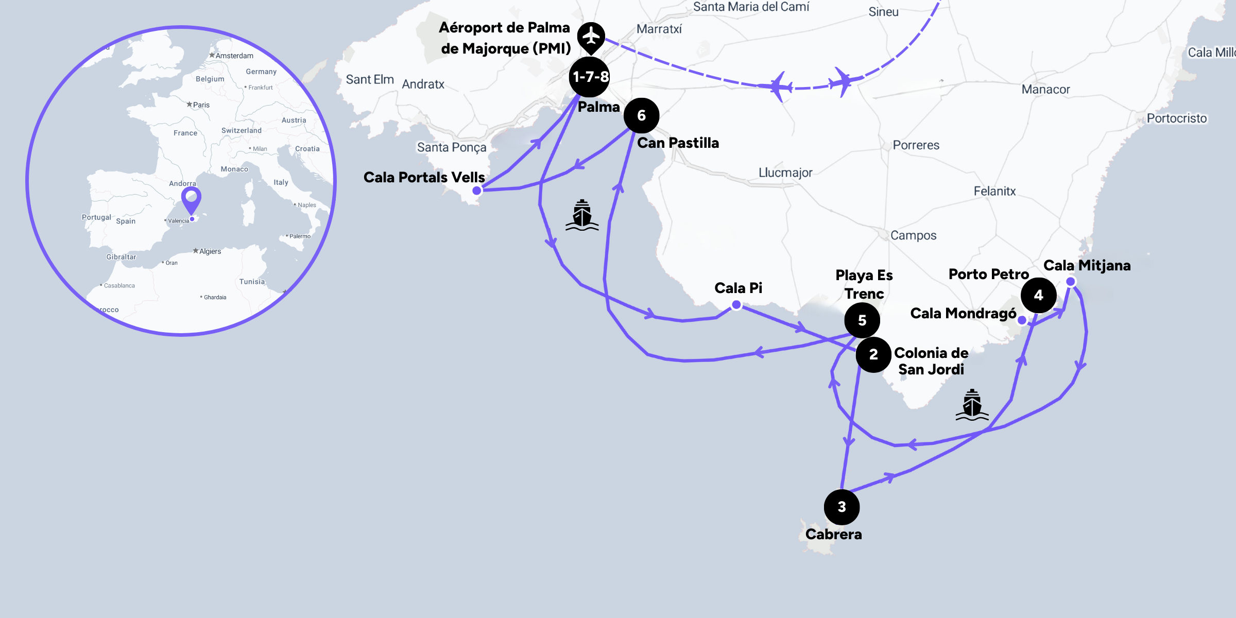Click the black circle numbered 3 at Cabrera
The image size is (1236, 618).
coord(842,507)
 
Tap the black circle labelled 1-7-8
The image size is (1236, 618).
coord(590,77)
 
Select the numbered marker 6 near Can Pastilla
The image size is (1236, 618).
coord(641,115)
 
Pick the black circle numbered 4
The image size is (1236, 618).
coord(1038,295)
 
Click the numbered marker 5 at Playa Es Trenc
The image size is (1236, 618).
coord(862,320)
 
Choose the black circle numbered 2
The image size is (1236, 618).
coord(873,354)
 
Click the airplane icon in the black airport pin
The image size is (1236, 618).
coord(591,36)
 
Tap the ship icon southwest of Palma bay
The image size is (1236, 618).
coord(582,215)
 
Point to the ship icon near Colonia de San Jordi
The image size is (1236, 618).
coord(972,405)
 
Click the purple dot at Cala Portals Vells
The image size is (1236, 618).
coord(477,191)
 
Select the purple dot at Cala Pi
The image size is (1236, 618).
coord(736,305)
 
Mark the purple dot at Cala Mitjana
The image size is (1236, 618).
coord(1071,281)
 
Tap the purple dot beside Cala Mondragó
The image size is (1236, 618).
coord(1022,320)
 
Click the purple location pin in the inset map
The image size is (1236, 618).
coord(191,199)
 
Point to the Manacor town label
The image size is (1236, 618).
coord(1045,90)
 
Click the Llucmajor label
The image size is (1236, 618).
coord(785,173)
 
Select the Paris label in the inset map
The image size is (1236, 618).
coord(201,105)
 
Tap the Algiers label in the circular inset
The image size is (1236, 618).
coord(210,251)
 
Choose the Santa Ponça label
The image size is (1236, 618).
coord(451,147)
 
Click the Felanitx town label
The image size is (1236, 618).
coord(994,192)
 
